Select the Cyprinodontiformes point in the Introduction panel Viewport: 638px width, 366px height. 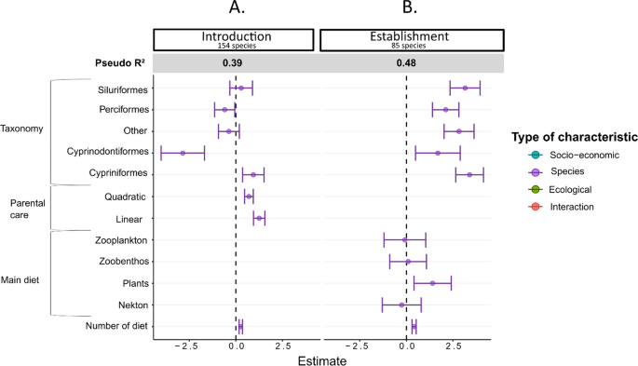pyautogui.click(x=183, y=153)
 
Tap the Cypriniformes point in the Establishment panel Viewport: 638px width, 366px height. pyautogui.click(x=469, y=174)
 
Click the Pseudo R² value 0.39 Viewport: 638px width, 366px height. pyautogui.click(x=233, y=63)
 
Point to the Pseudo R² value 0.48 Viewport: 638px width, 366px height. pyautogui.click(x=406, y=63)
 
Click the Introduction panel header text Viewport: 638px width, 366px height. pyautogui.click(x=237, y=36)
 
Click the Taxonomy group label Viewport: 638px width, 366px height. pyautogui.click(x=21, y=129)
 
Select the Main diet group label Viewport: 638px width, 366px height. pyautogui.click(x=23, y=278)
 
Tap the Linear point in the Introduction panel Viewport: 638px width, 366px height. pyautogui.click(x=259, y=218)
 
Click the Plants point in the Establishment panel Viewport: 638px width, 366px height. pyautogui.click(x=432, y=283)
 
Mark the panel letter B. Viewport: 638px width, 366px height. pyautogui.click(x=407, y=9)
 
